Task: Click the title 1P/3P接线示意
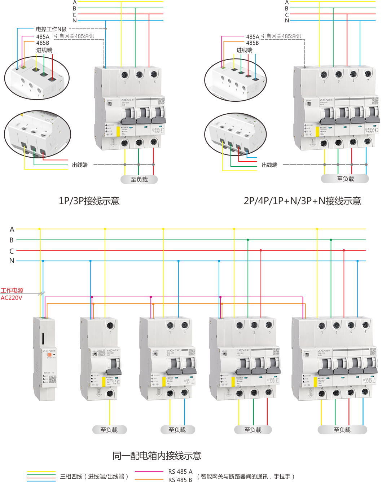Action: [x=89, y=201]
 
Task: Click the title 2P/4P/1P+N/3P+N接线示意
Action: [x=302, y=201]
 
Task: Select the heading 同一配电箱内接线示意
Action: [x=157, y=456]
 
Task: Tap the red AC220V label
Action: [x=11, y=298]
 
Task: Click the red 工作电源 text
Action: [x=12, y=290]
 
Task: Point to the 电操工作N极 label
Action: [x=51, y=29]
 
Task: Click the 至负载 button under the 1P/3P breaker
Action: [x=139, y=179]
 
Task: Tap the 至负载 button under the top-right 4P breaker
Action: [x=345, y=179]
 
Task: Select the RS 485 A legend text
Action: [x=180, y=472]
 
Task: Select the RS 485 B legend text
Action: [x=180, y=479]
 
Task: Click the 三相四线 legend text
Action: [x=94, y=477]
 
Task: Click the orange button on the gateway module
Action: [x=49, y=355]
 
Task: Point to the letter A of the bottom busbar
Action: [x=12, y=229]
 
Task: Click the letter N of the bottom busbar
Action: [x=12, y=260]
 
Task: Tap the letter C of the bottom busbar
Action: [x=12, y=251]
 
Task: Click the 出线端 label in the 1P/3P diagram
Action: [x=79, y=165]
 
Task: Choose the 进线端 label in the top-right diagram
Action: [x=244, y=50]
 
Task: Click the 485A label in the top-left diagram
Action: [x=43, y=36]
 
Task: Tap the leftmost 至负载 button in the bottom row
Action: [x=109, y=430]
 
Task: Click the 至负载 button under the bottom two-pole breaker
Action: [x=177, y=430]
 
